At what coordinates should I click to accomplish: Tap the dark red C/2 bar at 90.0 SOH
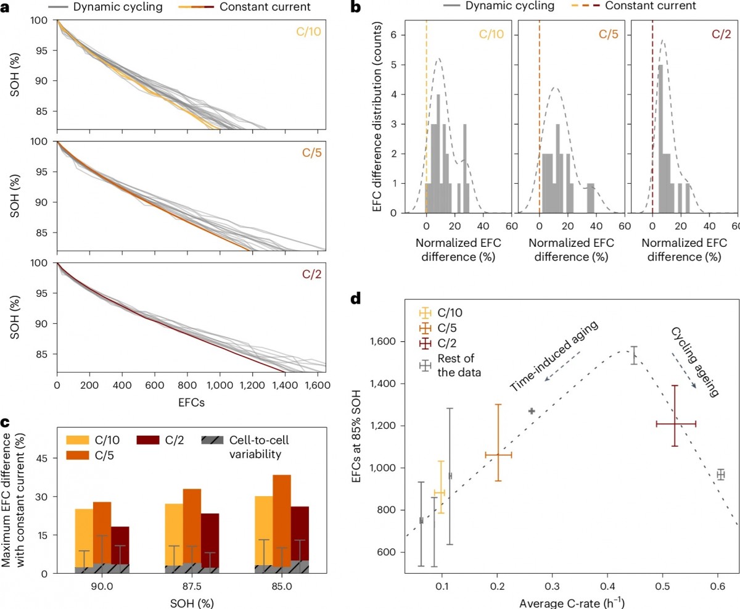[x=120, y=543]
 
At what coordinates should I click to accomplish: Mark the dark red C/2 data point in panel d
[x=676, y=424]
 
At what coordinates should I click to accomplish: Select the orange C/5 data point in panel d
[x=498, y=455]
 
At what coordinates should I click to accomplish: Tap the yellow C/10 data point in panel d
[x=440, y=492]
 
